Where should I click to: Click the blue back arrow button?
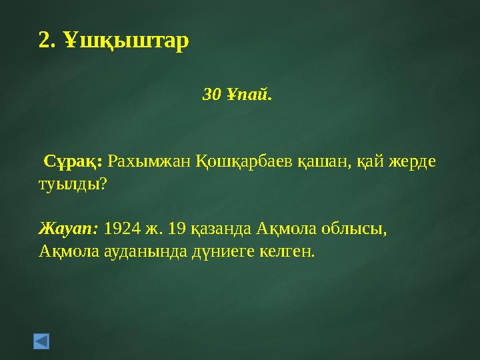click(41, 342)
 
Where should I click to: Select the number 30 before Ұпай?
click(211, 95)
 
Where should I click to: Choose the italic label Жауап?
click(69, 229)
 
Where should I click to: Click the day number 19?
click(177, 229)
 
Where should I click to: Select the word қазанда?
click(219, 229)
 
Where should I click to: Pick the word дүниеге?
click(209, 251)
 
